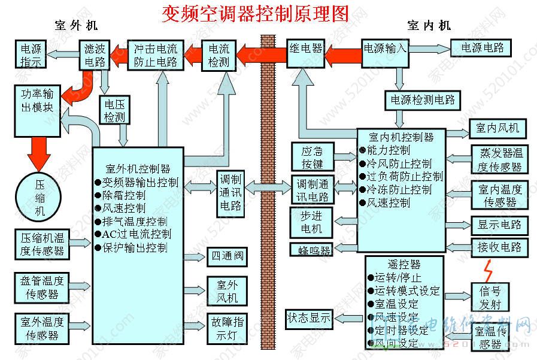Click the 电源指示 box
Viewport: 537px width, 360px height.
coord(31,55)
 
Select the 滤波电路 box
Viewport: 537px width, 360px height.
coord(96,55)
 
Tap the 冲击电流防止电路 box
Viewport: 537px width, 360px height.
coord(156,55)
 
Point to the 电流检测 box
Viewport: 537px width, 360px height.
coord(219,55)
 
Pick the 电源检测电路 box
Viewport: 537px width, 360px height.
coord(423,99)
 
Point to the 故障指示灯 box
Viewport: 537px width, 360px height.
coord(227,328)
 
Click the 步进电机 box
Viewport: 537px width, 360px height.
coord(310,222)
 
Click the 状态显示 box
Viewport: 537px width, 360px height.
coord(309,318)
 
